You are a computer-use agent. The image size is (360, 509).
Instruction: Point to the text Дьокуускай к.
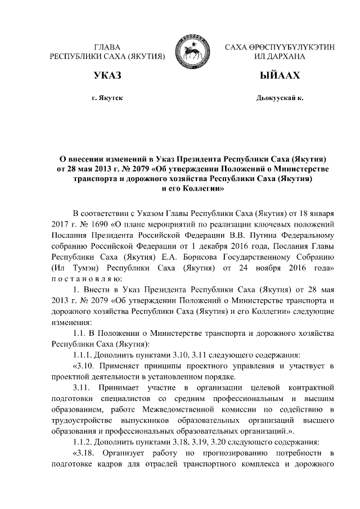[280, 98]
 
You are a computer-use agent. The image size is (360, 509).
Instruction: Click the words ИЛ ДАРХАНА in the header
[280, 57]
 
